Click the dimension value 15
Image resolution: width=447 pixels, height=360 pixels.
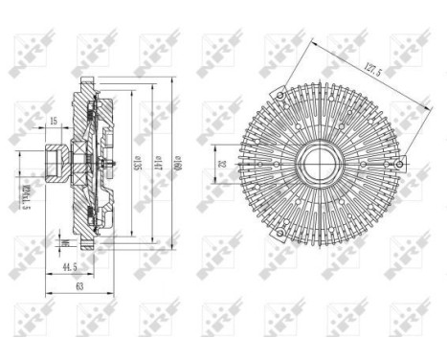point(54,122)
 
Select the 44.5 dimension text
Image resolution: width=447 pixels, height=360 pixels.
point(67,265)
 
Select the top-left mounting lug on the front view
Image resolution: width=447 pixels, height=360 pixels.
point(278,96)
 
